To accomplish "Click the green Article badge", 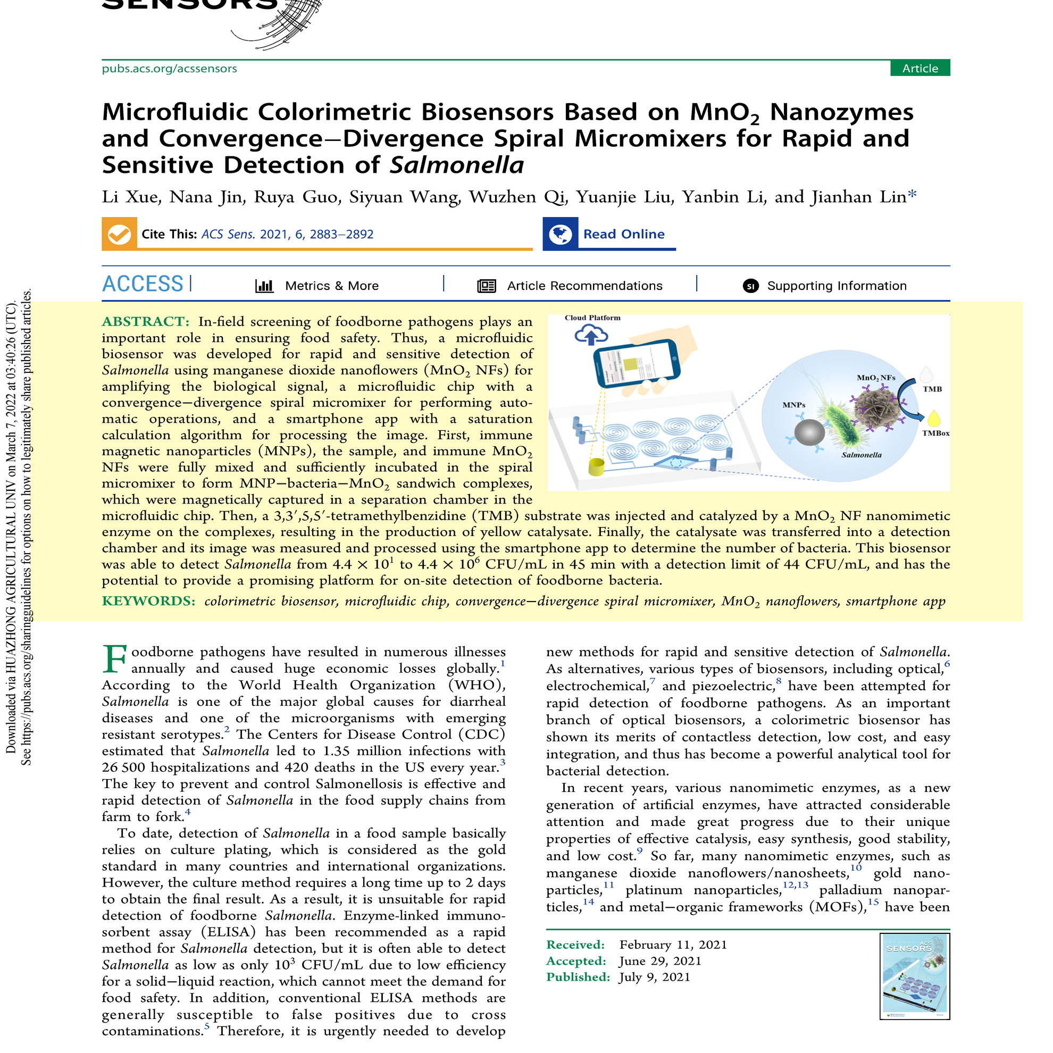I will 920,68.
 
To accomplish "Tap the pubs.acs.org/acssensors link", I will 169,69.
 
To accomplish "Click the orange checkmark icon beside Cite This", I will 119,235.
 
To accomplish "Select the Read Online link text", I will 623,235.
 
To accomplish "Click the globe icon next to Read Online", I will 560,235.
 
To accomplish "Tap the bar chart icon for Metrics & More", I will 264,286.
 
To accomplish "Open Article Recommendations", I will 584,286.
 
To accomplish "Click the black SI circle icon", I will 750,286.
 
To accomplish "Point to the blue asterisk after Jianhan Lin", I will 913,195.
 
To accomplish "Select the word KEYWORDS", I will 148,601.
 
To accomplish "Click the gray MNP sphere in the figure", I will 809,433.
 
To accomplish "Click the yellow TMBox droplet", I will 934,419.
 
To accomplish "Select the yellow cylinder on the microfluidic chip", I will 596,467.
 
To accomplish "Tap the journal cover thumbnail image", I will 914,976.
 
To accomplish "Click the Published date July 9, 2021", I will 655,977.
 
